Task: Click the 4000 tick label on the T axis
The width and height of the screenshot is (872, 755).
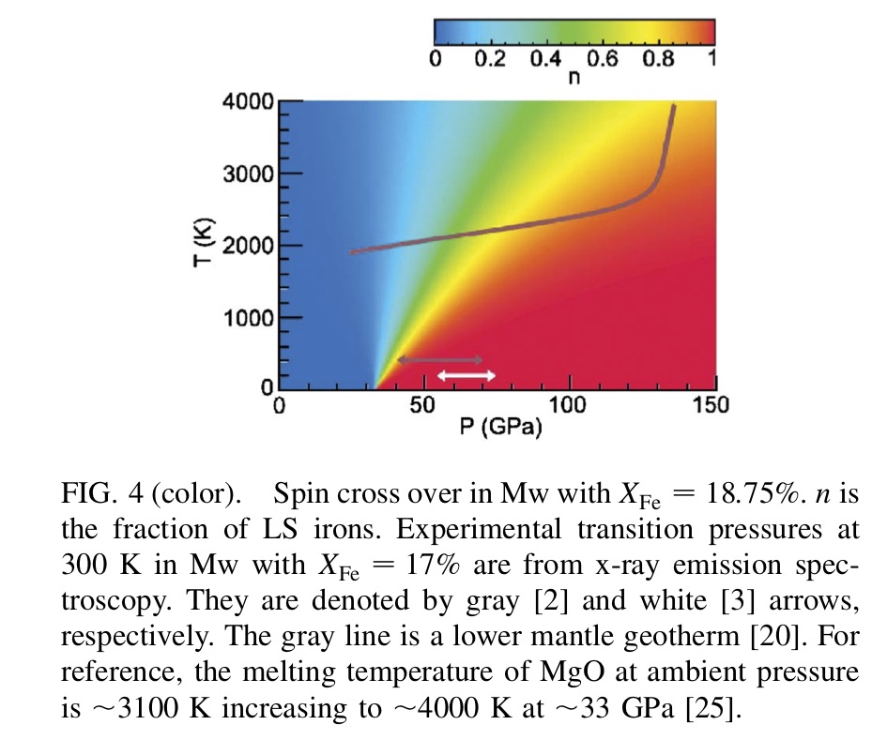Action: [x=249, y=102]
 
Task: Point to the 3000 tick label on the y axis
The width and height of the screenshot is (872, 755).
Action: [x=249, y=174]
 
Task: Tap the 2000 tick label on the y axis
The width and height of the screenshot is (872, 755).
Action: [x=249, y=246]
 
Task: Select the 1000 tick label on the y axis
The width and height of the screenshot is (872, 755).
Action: [x=249, y=318]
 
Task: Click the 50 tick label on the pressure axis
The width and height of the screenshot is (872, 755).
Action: [x=423, y=406]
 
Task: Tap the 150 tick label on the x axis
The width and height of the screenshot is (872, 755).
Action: [x=711, y=406]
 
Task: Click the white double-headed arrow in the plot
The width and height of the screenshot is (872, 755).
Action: [x=467, y=375]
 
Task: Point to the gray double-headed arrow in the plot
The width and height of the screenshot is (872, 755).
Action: [x=439, y=360]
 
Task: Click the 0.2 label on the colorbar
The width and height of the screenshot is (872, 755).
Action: [x=489, y=59]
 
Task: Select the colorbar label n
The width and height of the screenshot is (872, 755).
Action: [x=574, y=78]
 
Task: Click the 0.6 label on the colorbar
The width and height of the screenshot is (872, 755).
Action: [x=602, y=59]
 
